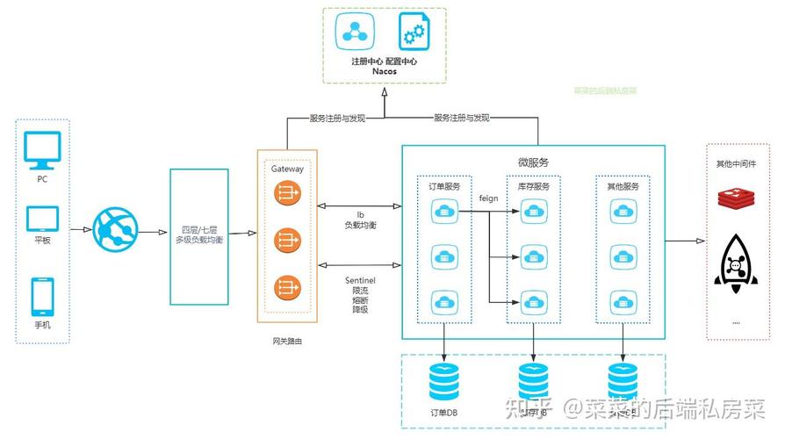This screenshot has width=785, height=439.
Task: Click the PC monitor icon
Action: point(42,150)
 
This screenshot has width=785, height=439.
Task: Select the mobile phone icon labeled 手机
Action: point(42,296)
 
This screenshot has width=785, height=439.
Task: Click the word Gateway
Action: point(287,168)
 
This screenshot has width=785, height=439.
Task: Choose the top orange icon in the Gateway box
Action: point(287,193)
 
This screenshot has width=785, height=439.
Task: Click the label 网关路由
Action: point(287,340)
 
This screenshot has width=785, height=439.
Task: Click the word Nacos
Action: point(384,71)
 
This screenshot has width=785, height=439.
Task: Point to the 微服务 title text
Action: point(532,162)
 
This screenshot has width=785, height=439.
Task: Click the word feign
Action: point(488,198)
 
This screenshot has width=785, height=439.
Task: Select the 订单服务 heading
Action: point(443,187)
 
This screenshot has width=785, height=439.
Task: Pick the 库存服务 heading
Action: point(533,187)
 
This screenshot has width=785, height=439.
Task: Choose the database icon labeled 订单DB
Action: point(443,382)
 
